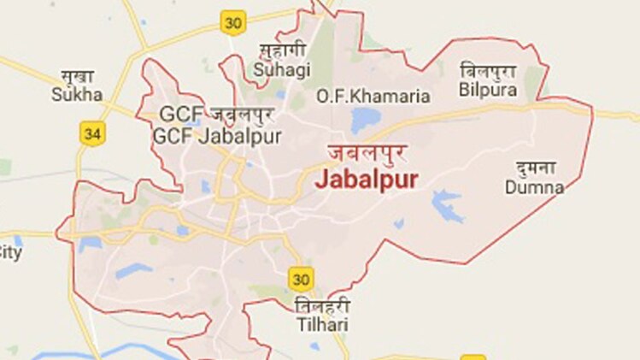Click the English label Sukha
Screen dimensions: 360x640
pos(77,94)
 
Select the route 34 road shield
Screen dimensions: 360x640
pos(91,133)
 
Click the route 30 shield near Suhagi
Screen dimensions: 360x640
pos(233,21)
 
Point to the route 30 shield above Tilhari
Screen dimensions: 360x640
pos(300,279)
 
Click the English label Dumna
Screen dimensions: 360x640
pos(534,187)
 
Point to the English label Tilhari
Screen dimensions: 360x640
pos(320,322)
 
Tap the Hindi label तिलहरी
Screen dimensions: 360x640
pos(321,305)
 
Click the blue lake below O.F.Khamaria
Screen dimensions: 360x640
pos(364,120)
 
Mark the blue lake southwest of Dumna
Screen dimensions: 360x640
pos(445,205)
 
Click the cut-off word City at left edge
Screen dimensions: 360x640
pos(9,252)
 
